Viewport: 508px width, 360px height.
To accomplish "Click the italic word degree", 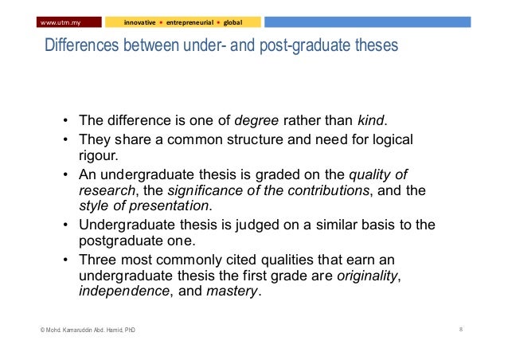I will point(256,122).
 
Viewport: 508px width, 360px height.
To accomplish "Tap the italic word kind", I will point(369,122).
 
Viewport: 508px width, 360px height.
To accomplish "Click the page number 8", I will point(462,329).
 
